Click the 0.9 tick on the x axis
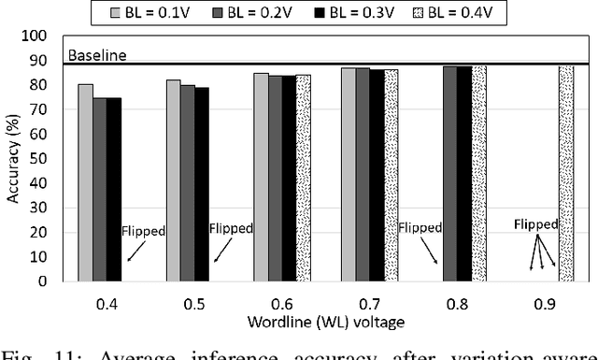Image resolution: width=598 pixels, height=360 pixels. point(544,302)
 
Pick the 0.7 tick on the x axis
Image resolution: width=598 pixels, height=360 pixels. point(367,302)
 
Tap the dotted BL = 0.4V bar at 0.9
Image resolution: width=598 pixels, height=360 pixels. point(566,173)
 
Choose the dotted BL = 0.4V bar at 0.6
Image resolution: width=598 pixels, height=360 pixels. point(304,178)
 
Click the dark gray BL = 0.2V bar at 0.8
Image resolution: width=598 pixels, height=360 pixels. point(450,173)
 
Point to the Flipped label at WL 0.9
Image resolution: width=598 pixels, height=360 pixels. point(536,224)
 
